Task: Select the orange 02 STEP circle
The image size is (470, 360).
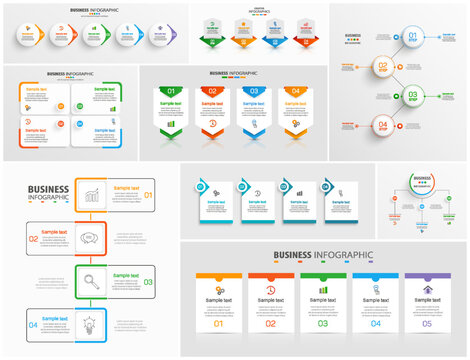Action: click(x=383, y=68)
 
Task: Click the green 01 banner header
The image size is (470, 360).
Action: click(x=171, y=92)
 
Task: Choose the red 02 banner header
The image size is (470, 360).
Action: click(x=212, y=92)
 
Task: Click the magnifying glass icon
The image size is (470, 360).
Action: click(x=90, y=281)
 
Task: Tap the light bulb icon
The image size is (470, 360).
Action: click(x=90, y=325)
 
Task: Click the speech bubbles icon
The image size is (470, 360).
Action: click(x=90, y=238)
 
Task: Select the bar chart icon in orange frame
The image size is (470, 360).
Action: click(x=90, y=194)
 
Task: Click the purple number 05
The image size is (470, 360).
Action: click(x=427, y=324)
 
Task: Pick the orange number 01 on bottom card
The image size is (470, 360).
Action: click(x=219, y=324)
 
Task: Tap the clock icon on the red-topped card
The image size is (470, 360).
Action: click(x=271, y=290)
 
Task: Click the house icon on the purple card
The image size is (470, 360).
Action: click(x=427, y=290)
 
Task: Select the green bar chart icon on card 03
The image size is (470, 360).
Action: click(x=323, y=290)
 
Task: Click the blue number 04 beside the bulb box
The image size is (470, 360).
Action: click(x=33, y=325)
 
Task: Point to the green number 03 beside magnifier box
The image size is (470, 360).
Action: click(x=148, y=282)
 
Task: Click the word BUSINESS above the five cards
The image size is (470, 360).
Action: click(x=296, y=256)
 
